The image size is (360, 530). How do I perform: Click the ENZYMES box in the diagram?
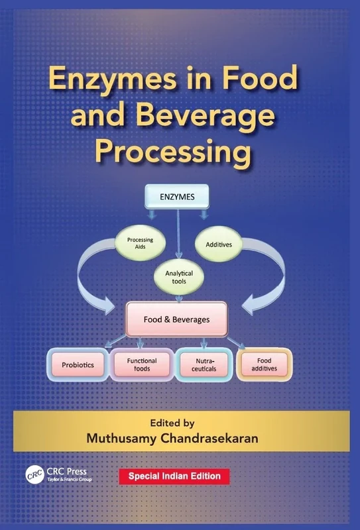click(177, 196)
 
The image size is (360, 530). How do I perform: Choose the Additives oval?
click(219, 244)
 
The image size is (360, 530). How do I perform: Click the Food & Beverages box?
click(176, 319)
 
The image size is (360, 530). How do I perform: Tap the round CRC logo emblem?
click(34, 474)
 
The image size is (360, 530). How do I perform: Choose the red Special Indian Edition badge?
click(174, 476)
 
